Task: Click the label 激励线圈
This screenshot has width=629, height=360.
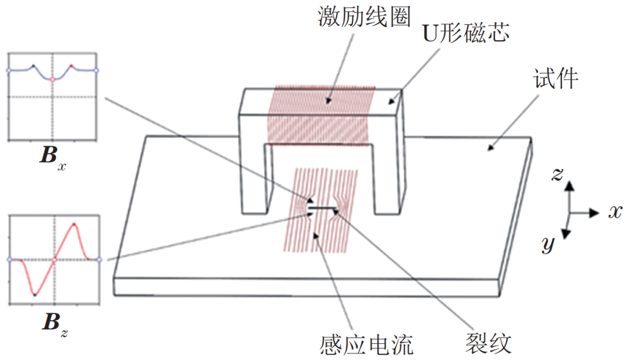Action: point(364,17)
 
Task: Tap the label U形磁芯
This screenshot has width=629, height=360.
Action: point(466,33)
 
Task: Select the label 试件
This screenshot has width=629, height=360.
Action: point(556,78)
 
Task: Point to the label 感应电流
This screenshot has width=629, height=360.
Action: point(366,345)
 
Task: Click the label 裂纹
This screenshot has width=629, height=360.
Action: point(488,343)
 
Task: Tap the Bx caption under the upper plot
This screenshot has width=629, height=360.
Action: point(53,157)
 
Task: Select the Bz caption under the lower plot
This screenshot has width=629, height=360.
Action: point(55,323)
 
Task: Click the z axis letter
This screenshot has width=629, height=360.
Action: point(557,174)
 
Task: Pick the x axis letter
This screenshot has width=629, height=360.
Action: point(615,211)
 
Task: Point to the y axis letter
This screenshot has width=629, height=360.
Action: point(548,243)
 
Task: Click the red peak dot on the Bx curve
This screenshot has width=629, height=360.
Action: point(72,66)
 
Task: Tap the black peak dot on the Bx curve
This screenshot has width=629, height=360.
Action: point(33,66)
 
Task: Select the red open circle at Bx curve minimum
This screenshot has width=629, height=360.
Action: point(52,79)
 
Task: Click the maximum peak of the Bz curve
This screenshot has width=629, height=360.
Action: point(74,224)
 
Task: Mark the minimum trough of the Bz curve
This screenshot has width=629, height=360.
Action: point(35,295)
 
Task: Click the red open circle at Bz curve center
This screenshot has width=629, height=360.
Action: point(55,260)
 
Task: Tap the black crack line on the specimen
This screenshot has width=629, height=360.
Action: point(322,208)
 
